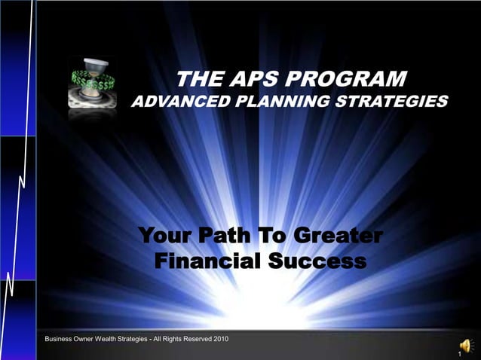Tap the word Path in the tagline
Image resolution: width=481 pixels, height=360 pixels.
pyautogui.click(x=224, y=238)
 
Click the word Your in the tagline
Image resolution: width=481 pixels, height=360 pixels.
pyautogui.click(x=164, y=238)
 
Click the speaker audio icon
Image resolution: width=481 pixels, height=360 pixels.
pyautogui.click(x=467, y=346)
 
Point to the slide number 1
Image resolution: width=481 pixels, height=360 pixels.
pyautogui.click(x=459, y=353)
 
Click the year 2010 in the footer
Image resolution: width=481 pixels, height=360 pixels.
pyautogui.click(x=221, y=338)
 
